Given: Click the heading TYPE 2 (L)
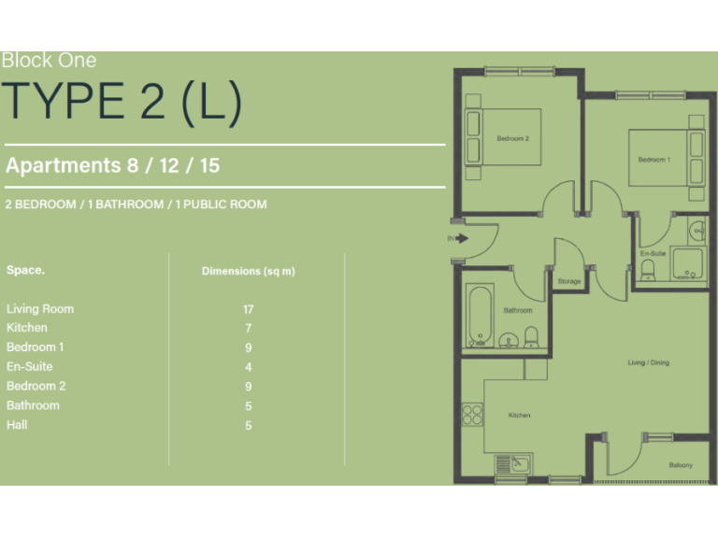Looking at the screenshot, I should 122,102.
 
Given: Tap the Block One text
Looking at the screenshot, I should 49,61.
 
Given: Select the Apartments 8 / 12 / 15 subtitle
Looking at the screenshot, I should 113,166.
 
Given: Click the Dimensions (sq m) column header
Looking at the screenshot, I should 249,272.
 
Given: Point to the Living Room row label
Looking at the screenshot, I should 40,309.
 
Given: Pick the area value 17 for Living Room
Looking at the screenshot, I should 249,309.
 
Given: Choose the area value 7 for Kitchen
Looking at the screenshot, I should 249,329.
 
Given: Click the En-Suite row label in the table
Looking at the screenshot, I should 30,367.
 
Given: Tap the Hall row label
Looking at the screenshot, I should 17,425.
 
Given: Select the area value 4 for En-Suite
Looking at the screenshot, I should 249,367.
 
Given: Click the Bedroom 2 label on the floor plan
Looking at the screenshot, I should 512,139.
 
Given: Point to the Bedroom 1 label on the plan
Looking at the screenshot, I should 653,160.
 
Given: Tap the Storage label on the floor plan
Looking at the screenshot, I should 568,281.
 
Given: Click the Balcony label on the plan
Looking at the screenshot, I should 680,465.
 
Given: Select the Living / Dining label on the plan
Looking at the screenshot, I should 648,362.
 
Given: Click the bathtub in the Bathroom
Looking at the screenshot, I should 478,315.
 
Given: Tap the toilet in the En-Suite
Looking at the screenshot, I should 648,271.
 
